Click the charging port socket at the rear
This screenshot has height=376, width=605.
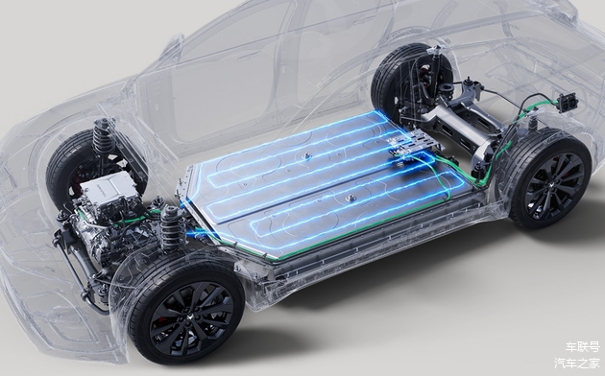(568, 102)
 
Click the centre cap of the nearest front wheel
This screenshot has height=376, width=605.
(190, 323)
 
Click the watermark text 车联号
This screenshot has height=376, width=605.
(582, 346)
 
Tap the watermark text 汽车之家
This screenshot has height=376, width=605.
(577, 364)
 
